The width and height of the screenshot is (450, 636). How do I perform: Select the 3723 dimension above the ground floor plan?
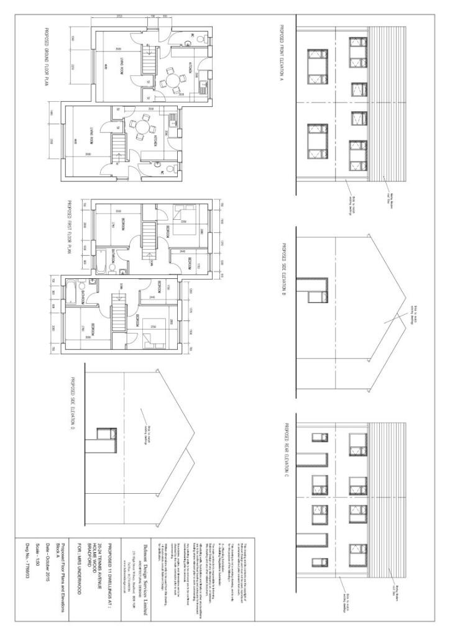coord(117,13)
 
